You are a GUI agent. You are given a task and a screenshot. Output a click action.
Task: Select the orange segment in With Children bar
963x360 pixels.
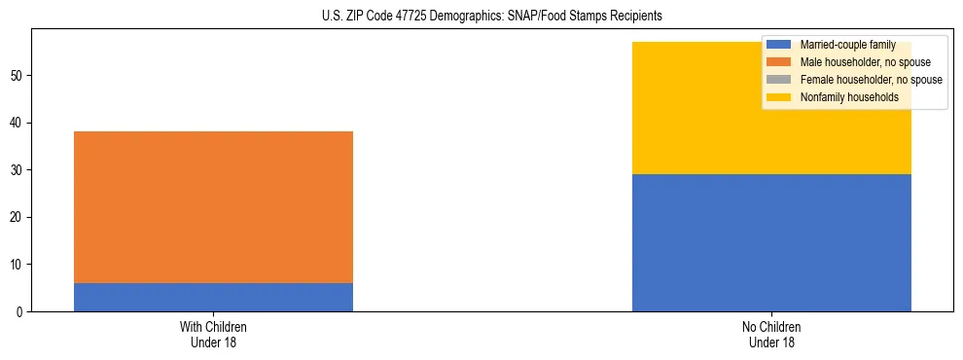tap(213, 207)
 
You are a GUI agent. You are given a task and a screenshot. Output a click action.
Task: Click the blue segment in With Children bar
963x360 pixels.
tap(213, 297)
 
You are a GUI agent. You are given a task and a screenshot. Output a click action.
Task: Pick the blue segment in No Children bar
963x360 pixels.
tap(771, 242)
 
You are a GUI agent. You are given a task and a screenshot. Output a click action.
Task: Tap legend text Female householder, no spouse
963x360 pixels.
tap(871, 80)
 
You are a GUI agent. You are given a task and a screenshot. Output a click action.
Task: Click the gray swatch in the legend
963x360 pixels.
tap(779, 80)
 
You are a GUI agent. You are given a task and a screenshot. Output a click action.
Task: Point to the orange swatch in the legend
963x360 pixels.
tap(779, 62)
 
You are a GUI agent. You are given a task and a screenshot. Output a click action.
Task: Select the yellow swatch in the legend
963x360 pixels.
tap(779, 97)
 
